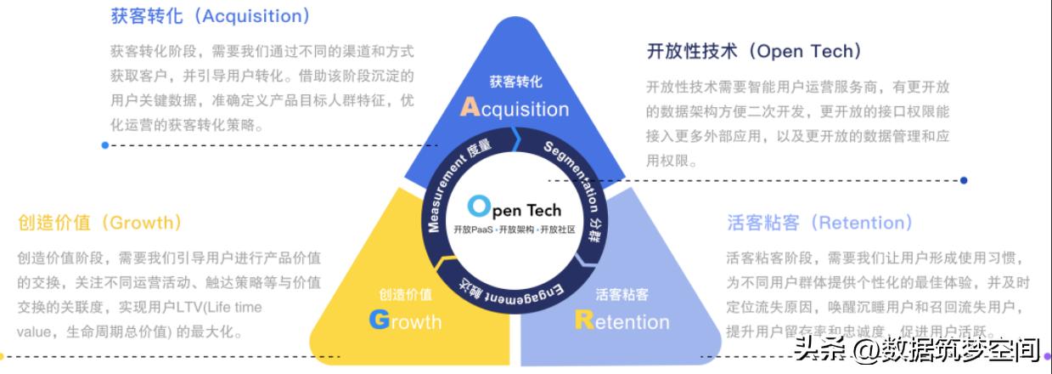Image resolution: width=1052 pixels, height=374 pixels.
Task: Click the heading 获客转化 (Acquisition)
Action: pos(211,16)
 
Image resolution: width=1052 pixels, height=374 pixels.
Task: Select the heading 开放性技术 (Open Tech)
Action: pos(754,51)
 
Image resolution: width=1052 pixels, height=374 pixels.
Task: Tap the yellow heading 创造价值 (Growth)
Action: pos(100,223)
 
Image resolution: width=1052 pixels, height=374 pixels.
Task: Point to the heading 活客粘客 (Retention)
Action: pos(819,223)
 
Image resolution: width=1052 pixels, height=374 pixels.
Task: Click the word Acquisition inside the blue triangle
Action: pos(515,108)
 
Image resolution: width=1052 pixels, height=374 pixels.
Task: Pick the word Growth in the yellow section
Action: pos(406,321)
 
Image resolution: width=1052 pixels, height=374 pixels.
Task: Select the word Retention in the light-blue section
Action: pos(622,321)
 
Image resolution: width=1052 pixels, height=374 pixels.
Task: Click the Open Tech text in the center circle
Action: pos(515,208)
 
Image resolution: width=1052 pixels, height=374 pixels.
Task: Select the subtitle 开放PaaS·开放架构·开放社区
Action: pos(515,229)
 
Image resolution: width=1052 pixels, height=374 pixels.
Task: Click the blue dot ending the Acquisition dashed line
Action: pos(104,145)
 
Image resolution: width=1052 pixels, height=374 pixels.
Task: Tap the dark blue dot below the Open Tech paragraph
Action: pos(964,180)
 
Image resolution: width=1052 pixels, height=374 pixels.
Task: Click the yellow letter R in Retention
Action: pos(584,320)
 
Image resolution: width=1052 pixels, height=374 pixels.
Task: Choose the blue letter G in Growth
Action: pos(379,320)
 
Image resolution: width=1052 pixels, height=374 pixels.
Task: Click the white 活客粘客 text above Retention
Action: pos(622,295)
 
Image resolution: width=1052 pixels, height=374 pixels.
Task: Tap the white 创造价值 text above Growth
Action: pos(405,295)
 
